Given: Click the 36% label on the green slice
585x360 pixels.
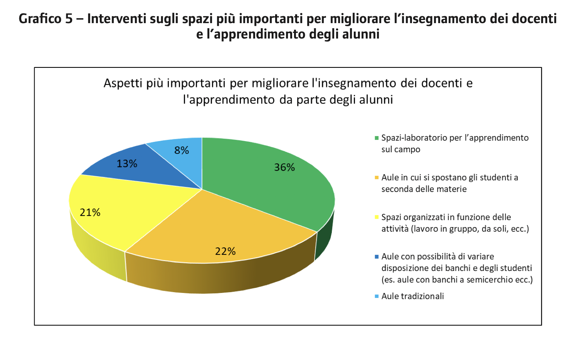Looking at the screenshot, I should (x=284, y=167).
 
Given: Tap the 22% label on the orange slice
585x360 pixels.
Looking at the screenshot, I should (x=225, y=251).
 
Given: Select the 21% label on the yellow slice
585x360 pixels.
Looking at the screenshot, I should (x=90, y=212).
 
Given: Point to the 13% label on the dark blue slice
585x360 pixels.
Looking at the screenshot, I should (x=127, y=164).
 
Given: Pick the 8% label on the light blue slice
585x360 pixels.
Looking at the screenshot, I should (x=182, y=150).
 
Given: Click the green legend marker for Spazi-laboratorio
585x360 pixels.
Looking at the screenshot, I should (x=377, y=138).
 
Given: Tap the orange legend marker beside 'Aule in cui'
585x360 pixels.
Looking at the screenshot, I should (x=377, y=178).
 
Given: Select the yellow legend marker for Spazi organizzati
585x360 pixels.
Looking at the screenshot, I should (x=377, y=217).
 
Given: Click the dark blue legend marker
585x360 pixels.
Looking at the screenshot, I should (x=377, y=257).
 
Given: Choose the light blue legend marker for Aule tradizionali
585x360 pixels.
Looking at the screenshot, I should (x=377, y=296).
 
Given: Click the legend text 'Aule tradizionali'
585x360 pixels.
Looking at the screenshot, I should (x=412, y=296).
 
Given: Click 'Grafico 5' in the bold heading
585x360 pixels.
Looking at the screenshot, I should (x=45, y=19).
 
